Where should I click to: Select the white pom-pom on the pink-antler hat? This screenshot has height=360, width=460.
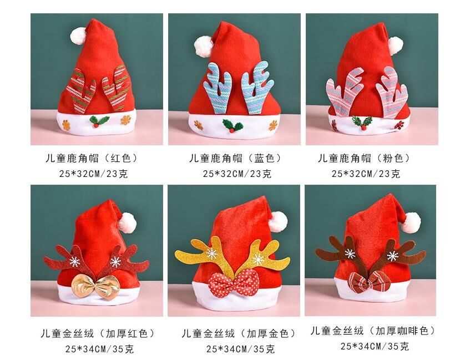(395, 45)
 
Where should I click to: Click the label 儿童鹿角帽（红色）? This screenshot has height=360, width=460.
(92, 158)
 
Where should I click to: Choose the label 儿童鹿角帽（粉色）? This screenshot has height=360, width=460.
(364, 158)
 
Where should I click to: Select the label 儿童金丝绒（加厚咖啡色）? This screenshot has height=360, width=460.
(373, 332)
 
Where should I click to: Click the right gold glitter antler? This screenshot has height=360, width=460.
(261, 253)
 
